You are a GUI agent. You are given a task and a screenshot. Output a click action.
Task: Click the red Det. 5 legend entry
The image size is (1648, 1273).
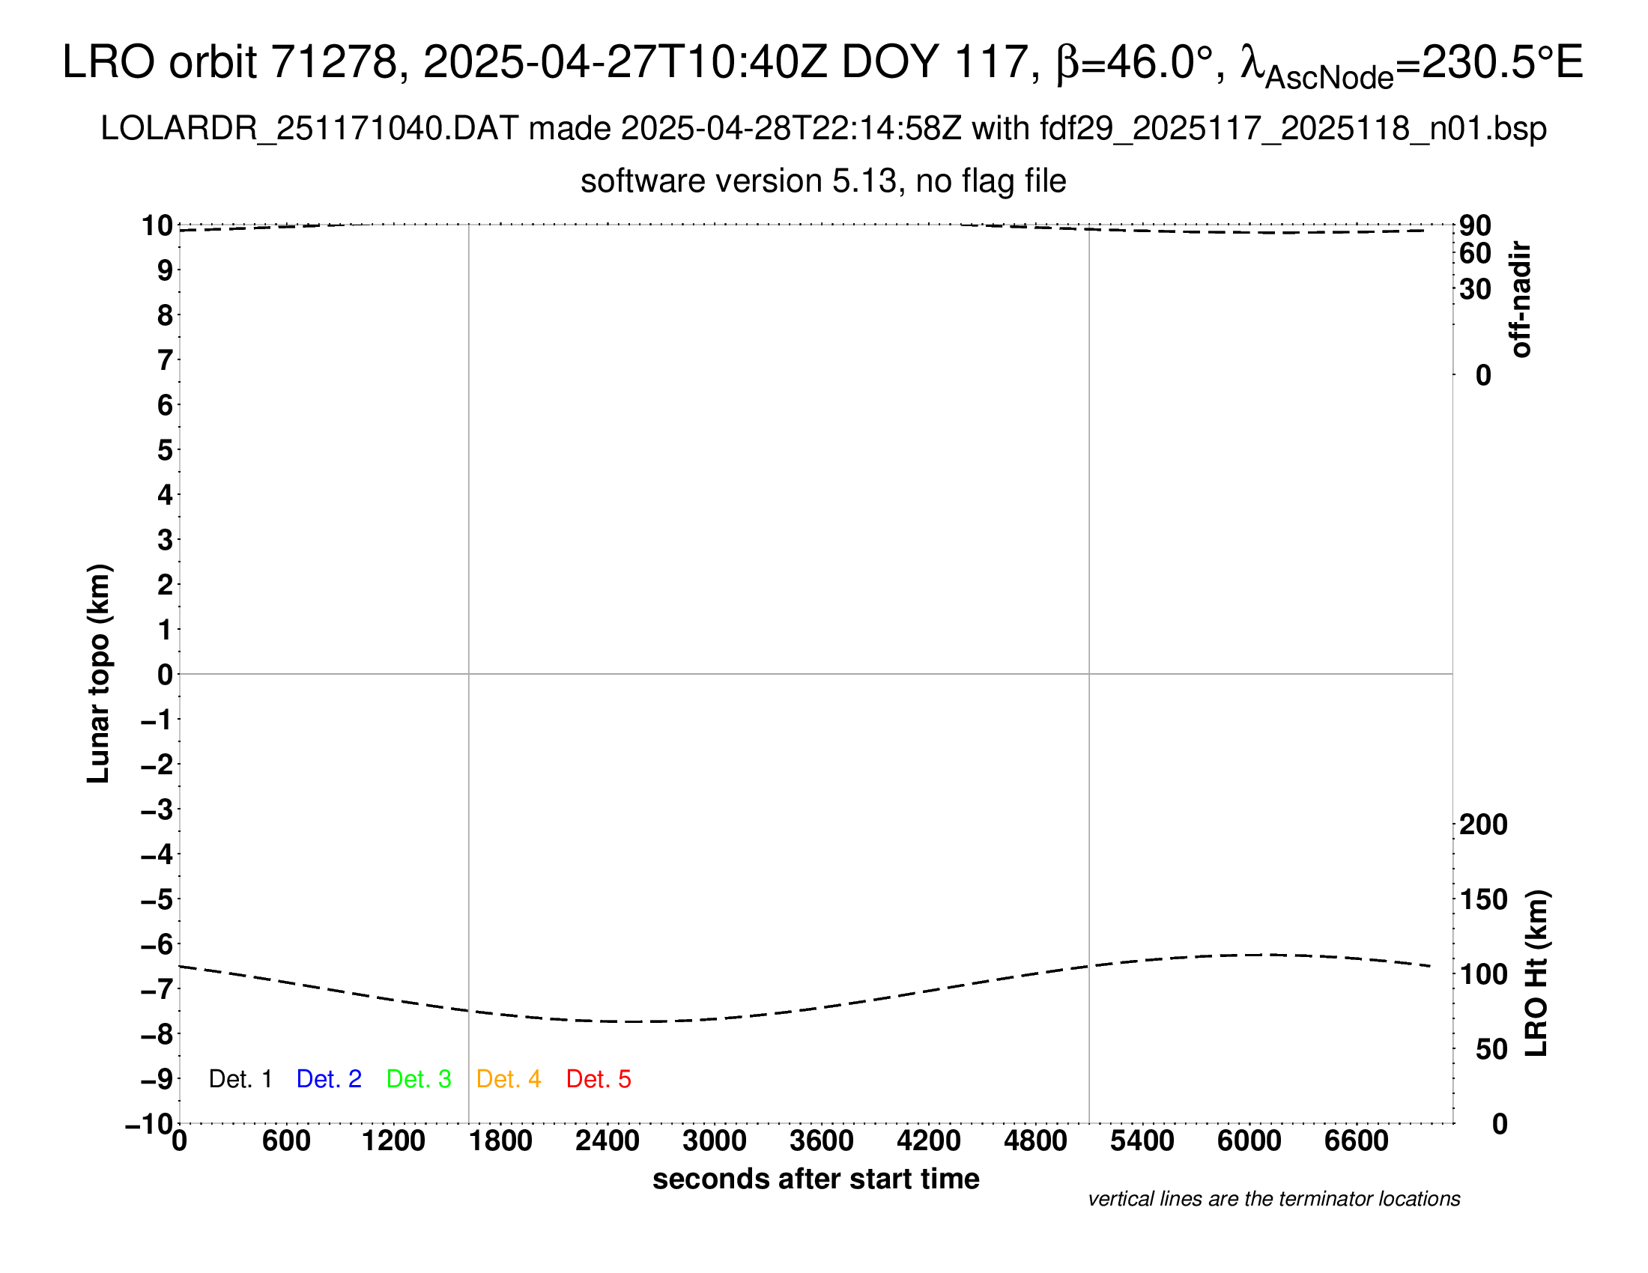[598, 1079]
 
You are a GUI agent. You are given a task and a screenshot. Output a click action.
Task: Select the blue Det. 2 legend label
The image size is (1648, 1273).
[328, 1079]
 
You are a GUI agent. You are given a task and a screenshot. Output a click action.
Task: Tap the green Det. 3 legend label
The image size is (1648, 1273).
[418, 1079]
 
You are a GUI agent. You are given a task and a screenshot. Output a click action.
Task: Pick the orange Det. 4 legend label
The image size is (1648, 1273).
[508, 1079]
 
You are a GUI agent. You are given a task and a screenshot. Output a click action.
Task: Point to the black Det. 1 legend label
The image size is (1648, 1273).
[240, 1079]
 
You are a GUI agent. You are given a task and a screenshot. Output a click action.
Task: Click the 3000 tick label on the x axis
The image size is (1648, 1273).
[714, 1141]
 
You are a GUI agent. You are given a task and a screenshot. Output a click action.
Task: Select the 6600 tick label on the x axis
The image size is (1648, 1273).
[1356, 1141]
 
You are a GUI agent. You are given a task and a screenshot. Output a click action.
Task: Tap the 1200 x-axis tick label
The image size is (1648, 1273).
[393, 1141]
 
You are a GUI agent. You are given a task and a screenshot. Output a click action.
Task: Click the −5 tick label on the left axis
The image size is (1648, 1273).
[157, 899]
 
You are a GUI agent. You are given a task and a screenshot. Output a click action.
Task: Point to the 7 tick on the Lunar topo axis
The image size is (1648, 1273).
[165, 360]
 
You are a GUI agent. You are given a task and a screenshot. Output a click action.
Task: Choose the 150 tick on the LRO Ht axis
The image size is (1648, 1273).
[1482, 899]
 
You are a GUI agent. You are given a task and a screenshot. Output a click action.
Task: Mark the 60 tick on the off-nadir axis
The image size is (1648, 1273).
[1475, 254]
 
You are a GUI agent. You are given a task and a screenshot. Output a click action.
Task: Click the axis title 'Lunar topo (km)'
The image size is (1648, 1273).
[99, 673]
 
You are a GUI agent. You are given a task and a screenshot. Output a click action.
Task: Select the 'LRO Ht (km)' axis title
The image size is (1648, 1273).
[1536, 973]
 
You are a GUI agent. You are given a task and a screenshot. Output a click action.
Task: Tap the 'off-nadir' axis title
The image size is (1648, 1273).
[1521, 300]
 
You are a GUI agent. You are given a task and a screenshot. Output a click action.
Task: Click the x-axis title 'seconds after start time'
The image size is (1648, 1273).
[816, 1179]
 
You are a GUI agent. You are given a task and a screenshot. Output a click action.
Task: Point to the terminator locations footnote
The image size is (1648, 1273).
[1273, 1199]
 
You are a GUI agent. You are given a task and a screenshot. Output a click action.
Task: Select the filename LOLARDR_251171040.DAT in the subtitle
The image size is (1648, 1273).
[309, 129]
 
